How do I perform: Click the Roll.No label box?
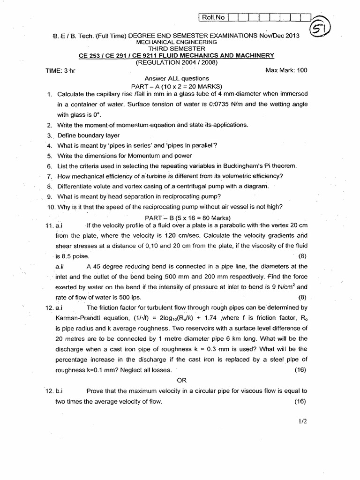213,18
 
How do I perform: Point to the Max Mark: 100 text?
286,70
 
